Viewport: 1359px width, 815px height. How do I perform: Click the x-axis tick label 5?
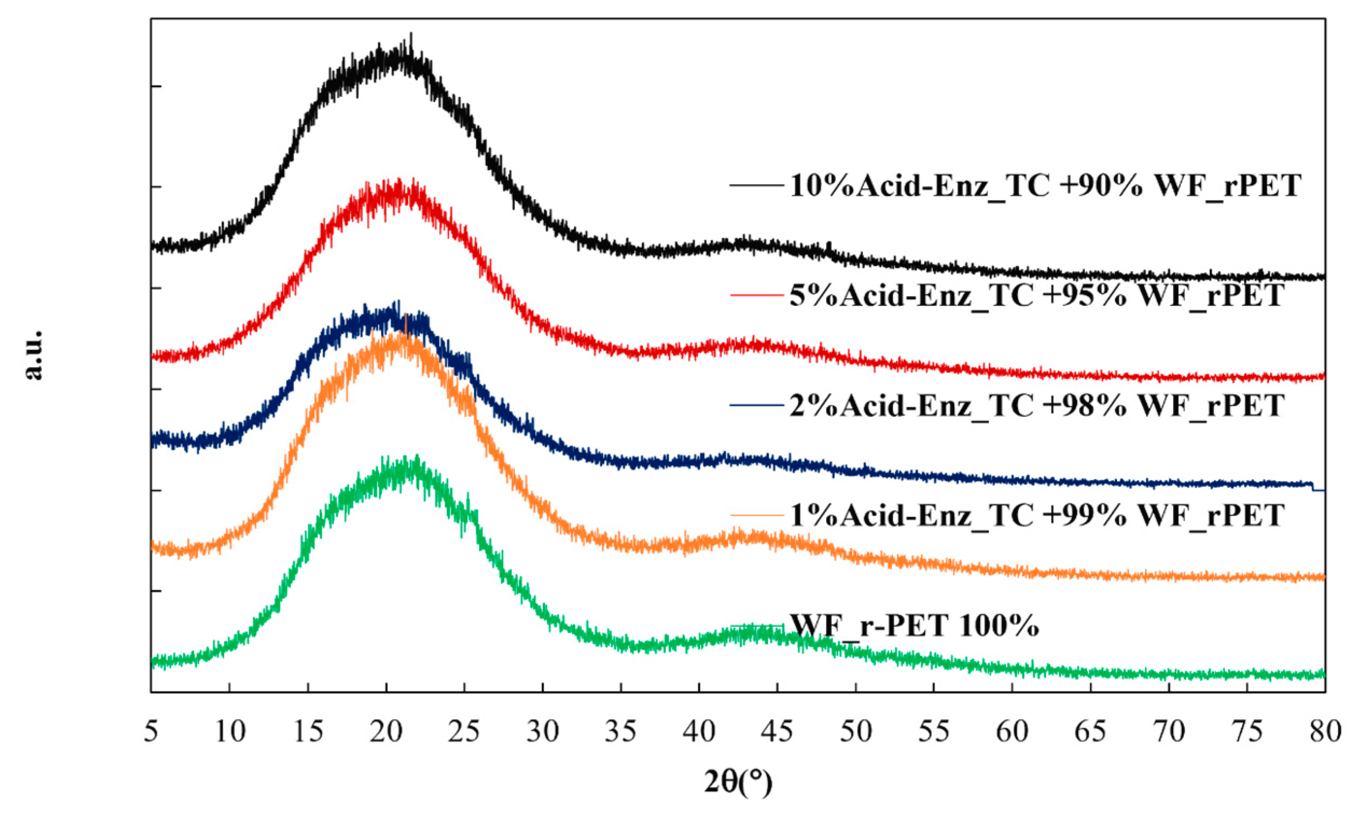[x=151, y=732]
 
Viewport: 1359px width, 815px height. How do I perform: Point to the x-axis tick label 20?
[x=386, y=732]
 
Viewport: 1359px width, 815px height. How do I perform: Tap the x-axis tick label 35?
[x=621, y=732]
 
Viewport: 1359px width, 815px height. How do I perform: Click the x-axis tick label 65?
[x=1090, y=732]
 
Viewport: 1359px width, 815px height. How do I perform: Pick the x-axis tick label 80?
[x=1325, y=732]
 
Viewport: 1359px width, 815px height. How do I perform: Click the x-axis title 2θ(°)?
[x=738, y=783]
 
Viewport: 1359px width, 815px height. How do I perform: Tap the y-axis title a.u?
[x=34, y=355]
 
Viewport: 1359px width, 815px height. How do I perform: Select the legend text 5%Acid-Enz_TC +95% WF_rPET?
[x=1036, y=296]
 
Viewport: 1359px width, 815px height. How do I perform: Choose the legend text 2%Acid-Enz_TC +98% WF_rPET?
[x=1036, y=406]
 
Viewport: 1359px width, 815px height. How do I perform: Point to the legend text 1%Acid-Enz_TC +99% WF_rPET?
[x=1036, y=515]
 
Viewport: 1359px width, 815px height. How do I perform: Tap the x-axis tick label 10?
[x=229, y=732]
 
